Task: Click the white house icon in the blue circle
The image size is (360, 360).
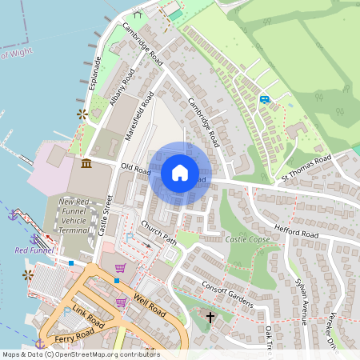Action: click(x=180, y=173)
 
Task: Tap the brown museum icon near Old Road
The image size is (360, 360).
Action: click(x=86, y=164)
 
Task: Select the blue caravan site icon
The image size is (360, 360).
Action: click(x=264, y=99)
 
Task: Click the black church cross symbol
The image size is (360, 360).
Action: click(x=210, y=318)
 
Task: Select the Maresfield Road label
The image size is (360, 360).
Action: click(x=140, y=116)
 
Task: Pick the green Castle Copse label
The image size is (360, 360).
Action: click(x=246, y=239)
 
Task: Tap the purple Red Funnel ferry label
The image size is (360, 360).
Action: click(x=34, y=250)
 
